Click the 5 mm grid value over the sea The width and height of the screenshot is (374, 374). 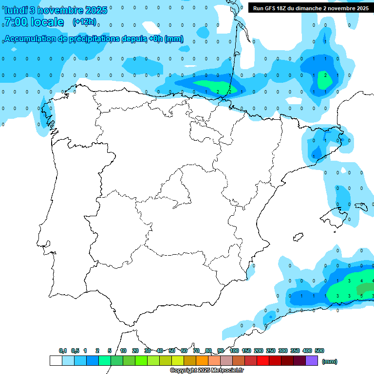tap(361, 296)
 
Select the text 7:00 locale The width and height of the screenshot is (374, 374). tap(34, 22)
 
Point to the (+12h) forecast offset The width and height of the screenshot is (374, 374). tap(84, 22)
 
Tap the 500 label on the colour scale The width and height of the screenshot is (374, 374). tap(319, 351)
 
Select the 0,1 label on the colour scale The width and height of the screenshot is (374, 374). tap(63, 351)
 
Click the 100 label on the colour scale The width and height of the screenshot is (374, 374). tap(234, 351)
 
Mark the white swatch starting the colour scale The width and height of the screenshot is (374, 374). tap(56, 360)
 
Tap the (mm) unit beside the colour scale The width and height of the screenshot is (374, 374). tap(330, 361)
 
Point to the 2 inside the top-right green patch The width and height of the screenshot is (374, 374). tap(325, 75)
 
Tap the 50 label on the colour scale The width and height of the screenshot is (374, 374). tap(172, 351)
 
